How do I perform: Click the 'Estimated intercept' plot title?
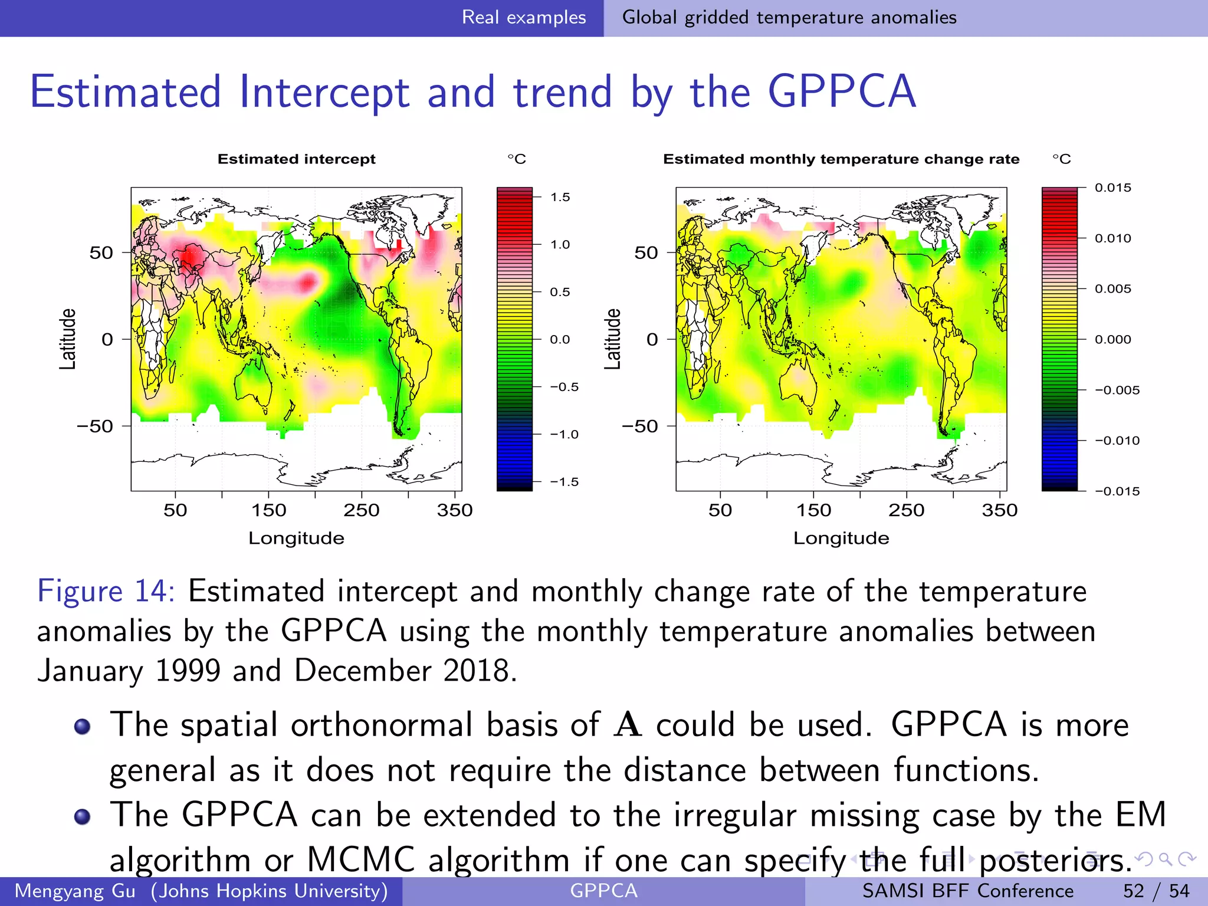coord(296,159)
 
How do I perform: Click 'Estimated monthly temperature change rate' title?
coord(841,159)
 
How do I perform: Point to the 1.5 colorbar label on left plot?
coord(560,197)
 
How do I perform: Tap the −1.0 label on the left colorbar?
coord(563,435)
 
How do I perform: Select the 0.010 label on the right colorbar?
coord(1112,238)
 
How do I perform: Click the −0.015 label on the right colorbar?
coord(1117,491)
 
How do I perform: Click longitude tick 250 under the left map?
coord(361,510)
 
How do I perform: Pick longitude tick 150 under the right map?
coord(813,510)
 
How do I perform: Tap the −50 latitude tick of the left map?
coord(95,426)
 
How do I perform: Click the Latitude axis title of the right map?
coord(613,339)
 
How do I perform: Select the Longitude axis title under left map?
coord(296,538)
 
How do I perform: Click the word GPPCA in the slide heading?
coord(842,92)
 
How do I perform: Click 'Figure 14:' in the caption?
coord(106,591)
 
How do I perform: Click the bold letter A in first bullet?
coord(627,725)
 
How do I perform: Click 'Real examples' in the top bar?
coord(523,17)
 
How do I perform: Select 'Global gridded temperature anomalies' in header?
coord(789,17)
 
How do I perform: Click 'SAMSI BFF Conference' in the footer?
coord(967,891)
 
